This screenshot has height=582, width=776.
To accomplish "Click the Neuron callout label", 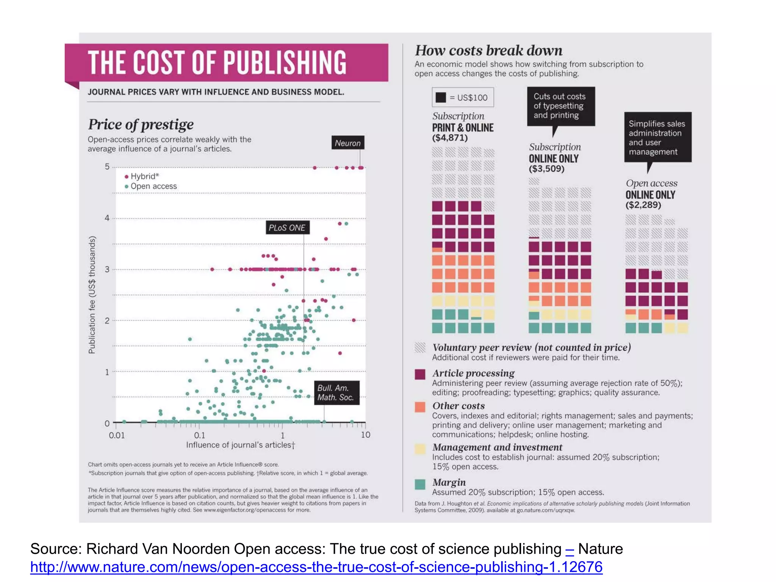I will pos(347,143).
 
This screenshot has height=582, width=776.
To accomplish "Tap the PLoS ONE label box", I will pos(287,227).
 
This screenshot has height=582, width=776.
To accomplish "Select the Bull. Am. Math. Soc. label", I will pos(336,393).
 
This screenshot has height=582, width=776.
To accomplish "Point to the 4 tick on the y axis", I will pos(107,218).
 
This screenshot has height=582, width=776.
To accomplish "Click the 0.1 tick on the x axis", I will pos(199,435).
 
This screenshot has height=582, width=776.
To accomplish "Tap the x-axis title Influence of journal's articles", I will pos(240,445).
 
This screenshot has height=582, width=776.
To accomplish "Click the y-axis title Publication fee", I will pos(92,295).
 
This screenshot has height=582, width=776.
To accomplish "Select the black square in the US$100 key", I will pos(441,97).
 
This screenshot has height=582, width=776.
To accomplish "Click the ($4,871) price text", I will pos(450,138).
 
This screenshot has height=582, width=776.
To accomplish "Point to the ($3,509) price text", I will pos(546,169).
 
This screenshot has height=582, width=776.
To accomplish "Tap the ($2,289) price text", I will pos(643,205).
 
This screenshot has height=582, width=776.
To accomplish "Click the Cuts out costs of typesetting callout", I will pos(560,106).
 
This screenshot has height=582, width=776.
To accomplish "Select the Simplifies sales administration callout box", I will pos(657,137).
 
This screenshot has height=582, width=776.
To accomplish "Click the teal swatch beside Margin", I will pos(420,484).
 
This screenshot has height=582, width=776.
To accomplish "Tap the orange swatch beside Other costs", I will pos(420,407).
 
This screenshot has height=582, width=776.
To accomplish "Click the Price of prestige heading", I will pos(141,125).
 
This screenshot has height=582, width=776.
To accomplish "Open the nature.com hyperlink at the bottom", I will pos(316,567).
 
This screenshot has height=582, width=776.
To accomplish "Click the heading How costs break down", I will pos(488,50).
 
